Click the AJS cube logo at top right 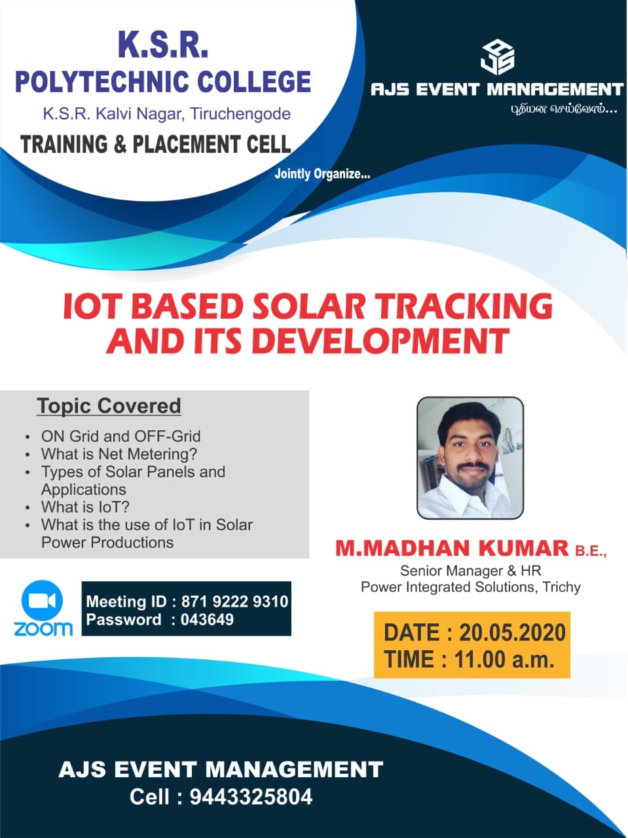497,58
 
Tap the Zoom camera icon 43,600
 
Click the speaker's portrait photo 470,458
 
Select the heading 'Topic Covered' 109,406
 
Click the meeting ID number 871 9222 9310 234,602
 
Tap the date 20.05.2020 512,632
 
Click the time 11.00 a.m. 504,659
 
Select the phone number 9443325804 251,797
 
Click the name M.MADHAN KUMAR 452,547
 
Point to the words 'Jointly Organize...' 322,174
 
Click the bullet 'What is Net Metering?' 119,454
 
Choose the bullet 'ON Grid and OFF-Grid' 121,436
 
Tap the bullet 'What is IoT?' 85,507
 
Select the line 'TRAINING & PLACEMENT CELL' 156,144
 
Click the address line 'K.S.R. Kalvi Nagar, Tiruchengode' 166,114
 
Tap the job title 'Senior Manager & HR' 471,570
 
